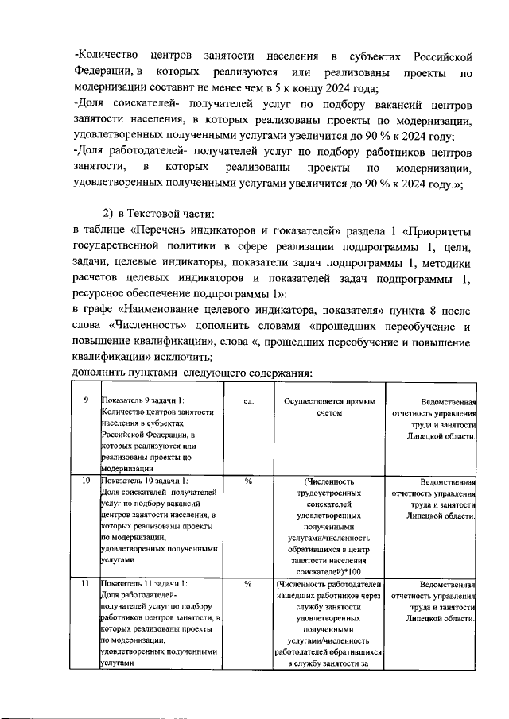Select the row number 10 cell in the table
pos(85,481)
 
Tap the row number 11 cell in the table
pos(85,585)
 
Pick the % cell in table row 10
pos(248,481)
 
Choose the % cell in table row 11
pos(248,585)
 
